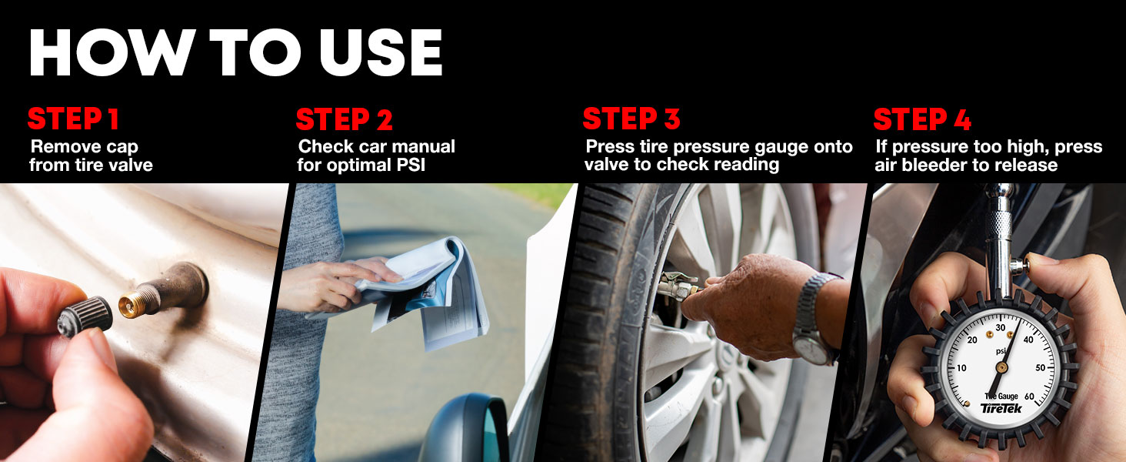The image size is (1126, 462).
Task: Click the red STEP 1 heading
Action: tap(73, 119)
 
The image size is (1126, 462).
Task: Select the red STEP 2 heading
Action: tap(344, 120)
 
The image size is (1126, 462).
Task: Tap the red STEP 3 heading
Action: tap(631, 119)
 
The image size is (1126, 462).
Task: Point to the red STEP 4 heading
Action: tap(921, 120)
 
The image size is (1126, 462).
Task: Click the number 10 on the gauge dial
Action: tap(961, 368)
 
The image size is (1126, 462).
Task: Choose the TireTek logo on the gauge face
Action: tap(1001, 409)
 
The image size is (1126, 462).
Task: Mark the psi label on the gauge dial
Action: tap(1001, 351)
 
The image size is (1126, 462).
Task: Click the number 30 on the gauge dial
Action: tap(1001, 328)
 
